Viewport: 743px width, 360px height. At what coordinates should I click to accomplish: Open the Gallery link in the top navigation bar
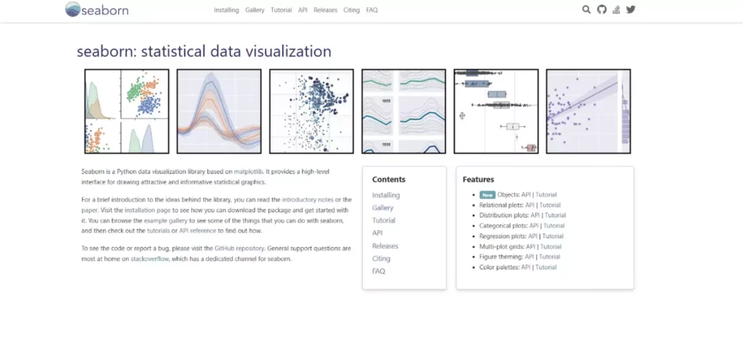[255, 10]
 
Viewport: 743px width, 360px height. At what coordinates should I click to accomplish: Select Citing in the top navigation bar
[351, 10]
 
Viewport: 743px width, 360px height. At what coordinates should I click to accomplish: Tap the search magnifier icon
[586, 9]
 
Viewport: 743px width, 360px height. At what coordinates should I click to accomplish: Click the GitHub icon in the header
[601, 9]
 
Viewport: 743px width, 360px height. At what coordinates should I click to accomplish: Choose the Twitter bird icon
[631, 9]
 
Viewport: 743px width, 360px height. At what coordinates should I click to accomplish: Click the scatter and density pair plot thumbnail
[127, 111]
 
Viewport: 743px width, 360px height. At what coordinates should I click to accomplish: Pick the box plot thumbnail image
[496, 111]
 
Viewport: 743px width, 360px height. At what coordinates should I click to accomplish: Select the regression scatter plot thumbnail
[588, 111]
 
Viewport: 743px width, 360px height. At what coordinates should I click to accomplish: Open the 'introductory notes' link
[307, 199]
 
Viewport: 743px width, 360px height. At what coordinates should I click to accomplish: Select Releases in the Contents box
[385, 246]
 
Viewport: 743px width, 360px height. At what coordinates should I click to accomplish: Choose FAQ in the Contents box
[378, 271]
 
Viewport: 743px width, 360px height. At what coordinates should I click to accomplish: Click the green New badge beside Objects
[487, 195]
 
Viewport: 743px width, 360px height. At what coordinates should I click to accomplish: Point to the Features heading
[478, 179]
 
